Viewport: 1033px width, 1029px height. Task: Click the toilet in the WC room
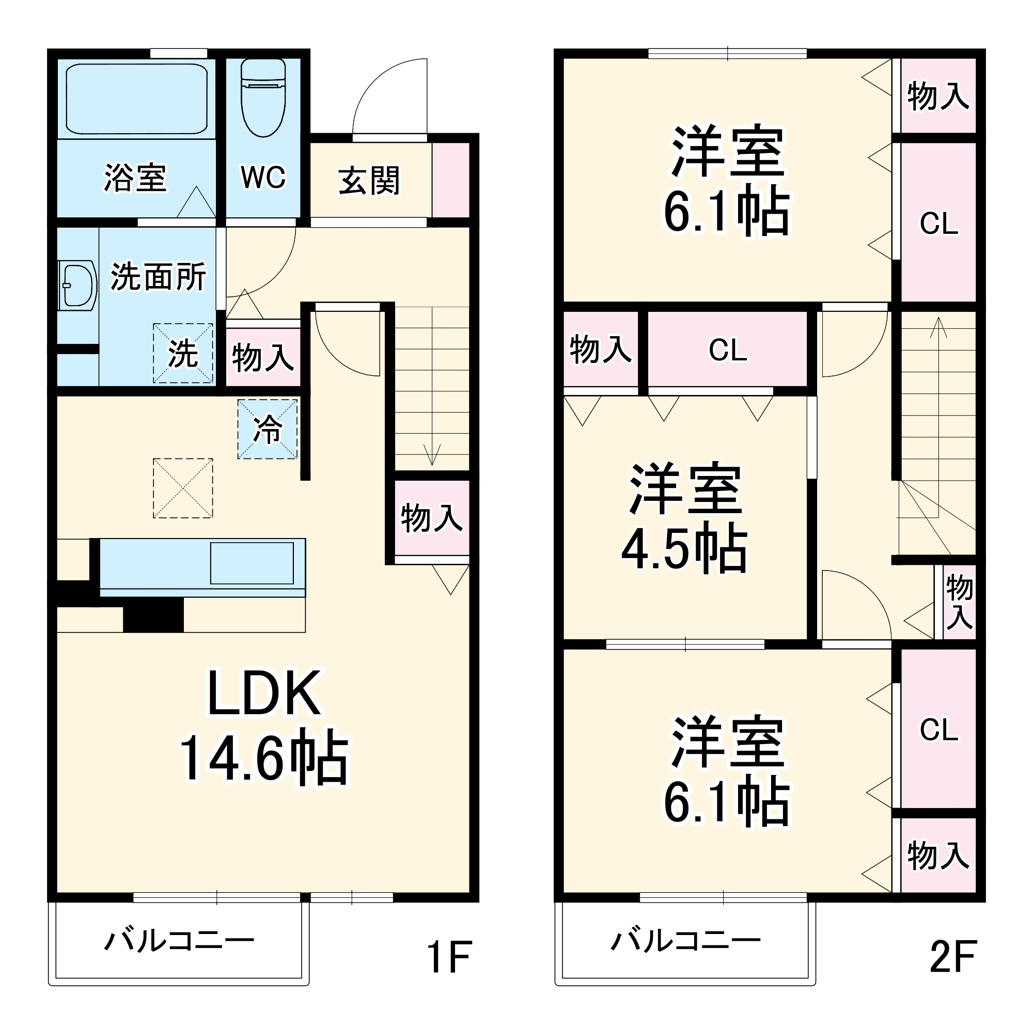(x=263, y=97)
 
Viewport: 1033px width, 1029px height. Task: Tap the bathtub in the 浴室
(x=136, y=100)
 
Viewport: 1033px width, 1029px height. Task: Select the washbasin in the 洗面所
(x=77, y=286)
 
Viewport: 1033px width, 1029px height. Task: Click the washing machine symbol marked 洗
(x=183, y=353)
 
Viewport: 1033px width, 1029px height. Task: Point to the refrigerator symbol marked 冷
(x=268, y=429)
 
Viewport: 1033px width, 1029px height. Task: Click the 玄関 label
(x=369, y=181)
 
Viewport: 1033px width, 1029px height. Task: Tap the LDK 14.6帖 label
(x=264, y=727)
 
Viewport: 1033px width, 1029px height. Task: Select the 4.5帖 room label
(x=685, y=518)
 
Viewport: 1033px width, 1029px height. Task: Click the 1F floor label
(x=449, y=956)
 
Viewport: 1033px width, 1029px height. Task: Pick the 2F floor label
(x=953, y=956)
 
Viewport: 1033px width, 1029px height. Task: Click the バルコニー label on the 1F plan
(x=179, y=941)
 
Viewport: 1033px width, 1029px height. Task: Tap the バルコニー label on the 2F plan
(x=685, y=941)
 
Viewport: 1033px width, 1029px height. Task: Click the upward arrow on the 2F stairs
(x=938, y=417)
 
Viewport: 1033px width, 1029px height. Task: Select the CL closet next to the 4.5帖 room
(x=727, y=350)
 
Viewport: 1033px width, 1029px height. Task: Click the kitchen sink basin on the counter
(x=252, y=563)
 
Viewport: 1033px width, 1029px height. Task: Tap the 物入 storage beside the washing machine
(x=262, y=357)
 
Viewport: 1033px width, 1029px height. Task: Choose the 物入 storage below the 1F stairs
(x=432, y=517)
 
